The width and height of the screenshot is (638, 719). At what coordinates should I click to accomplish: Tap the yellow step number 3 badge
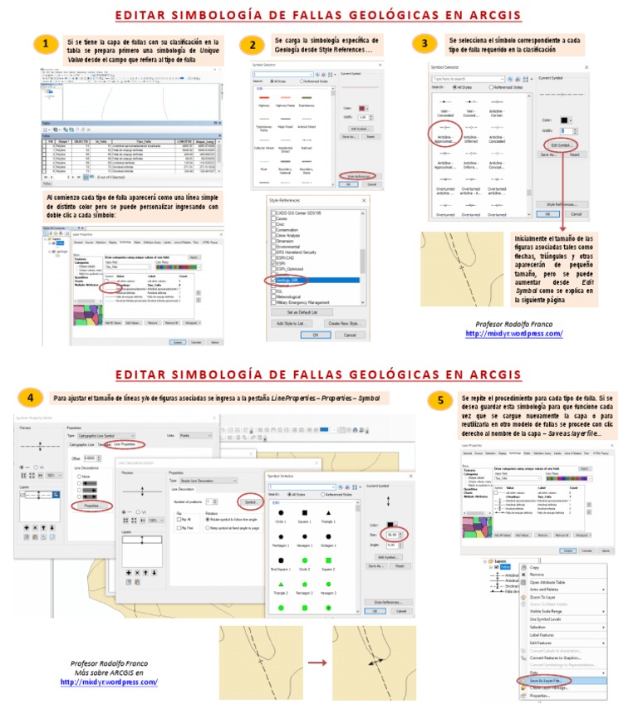click(x=425, y=44)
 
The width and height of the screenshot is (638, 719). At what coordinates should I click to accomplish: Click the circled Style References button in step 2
click(x=359, y=176)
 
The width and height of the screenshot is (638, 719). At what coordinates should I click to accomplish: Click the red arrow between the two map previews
click(x=317, y=663)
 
